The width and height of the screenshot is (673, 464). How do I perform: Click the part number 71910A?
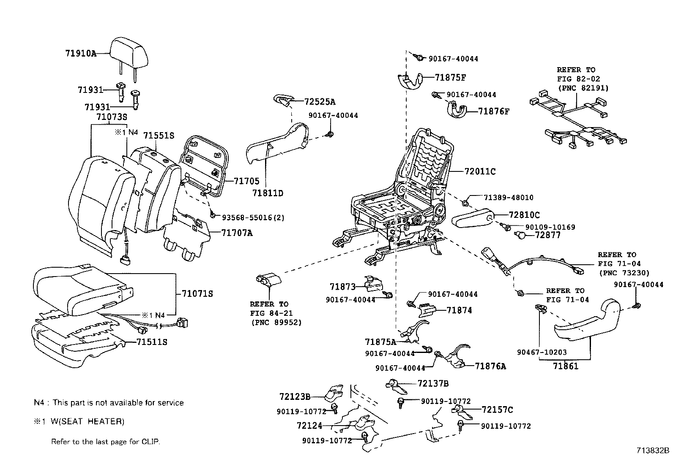81,54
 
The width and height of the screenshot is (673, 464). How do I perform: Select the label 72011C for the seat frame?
480,172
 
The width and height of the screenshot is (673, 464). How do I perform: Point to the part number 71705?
246,181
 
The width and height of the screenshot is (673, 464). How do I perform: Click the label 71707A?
236,233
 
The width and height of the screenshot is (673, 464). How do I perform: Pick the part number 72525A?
320,102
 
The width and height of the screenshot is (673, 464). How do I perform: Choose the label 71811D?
268,193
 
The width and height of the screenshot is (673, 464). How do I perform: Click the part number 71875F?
450,78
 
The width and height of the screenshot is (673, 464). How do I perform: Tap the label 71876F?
494,111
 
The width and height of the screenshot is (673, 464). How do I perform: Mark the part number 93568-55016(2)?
253,218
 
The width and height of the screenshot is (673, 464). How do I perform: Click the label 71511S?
152,342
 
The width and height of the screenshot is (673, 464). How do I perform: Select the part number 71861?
566,366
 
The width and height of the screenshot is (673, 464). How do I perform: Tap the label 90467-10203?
542,352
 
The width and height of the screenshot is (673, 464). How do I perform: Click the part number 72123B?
295,397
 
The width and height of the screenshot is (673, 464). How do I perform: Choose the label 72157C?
497,410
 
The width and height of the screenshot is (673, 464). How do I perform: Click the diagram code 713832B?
654,450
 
